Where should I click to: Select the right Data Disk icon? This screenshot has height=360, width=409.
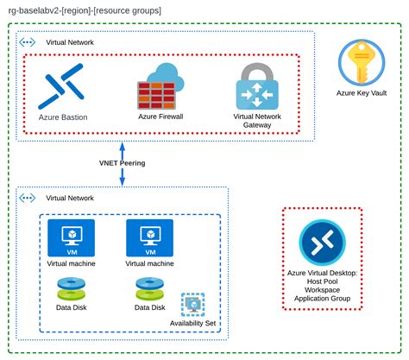149,289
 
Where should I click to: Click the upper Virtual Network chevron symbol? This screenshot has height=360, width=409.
26,41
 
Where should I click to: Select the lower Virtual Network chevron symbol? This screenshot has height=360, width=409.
26,197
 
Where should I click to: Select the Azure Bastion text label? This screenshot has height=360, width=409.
63,117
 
